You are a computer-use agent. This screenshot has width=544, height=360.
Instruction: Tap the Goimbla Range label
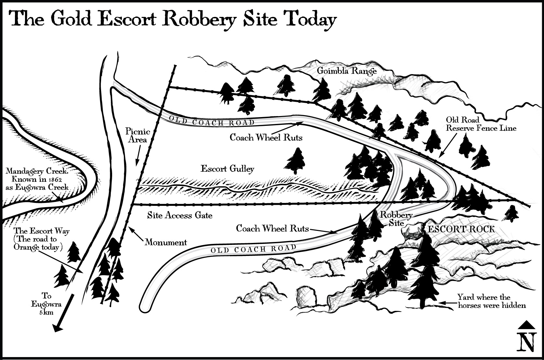[346, 71]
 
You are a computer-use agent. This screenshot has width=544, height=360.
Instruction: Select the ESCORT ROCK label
[461, 229]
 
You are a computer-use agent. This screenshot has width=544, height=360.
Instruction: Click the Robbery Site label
[396, 219]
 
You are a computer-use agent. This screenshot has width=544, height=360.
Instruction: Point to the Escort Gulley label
[227, 169]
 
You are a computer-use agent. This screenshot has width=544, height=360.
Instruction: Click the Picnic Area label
[138, 136]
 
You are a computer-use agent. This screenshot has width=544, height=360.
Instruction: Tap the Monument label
[166, 242]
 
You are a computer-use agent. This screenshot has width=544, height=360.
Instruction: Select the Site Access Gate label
[180, 215]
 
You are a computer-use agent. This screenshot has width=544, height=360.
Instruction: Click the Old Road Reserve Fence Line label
[481, 124]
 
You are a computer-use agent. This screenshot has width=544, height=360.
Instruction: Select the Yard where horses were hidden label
[491, 301]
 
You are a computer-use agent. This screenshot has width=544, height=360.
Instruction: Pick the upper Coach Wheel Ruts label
[266, 138]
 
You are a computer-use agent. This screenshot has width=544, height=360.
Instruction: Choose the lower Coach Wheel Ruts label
[272, 229]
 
